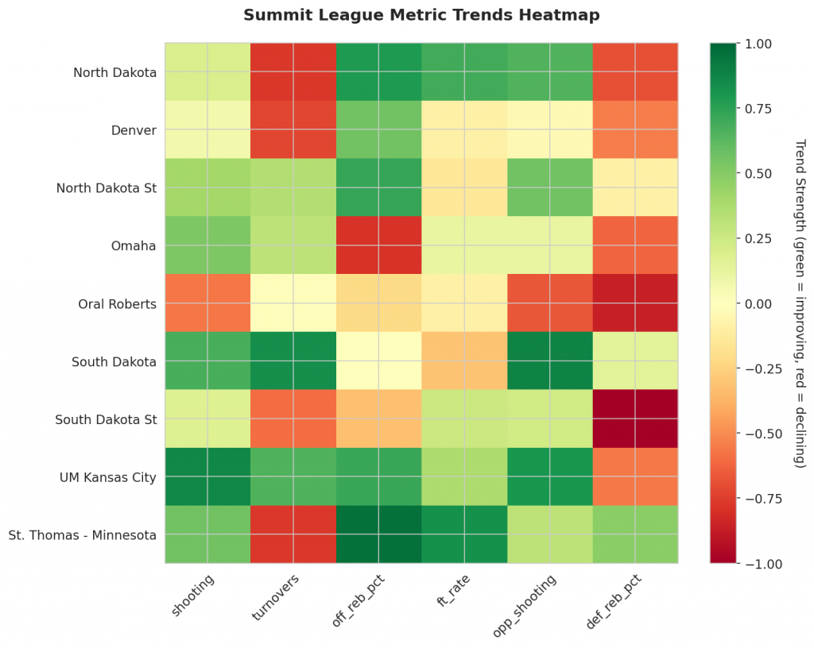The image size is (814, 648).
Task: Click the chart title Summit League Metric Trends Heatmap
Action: tap(421, 15)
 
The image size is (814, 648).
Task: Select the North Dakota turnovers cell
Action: tap(293, 72)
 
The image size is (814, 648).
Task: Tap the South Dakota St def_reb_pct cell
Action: tap(636, 418)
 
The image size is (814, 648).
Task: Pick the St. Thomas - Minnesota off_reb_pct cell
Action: tap(379, 534)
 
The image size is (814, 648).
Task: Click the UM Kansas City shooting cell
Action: tap(207, 476)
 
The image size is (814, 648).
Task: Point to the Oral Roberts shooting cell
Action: tap(207, 303)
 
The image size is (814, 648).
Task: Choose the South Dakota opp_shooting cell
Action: tap(550, 361)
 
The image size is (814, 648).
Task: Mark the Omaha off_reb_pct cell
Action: tap(379, 245)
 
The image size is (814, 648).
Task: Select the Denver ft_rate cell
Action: tap(464, 130)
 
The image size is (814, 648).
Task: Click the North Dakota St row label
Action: tap(107, 188)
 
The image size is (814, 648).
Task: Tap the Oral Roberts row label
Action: tap(118, 303)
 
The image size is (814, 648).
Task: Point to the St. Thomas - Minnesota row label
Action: tap(82, 534)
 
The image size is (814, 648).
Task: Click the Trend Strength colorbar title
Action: tap(800, 303)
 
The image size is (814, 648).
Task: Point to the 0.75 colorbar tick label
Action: tap(758, 109)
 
